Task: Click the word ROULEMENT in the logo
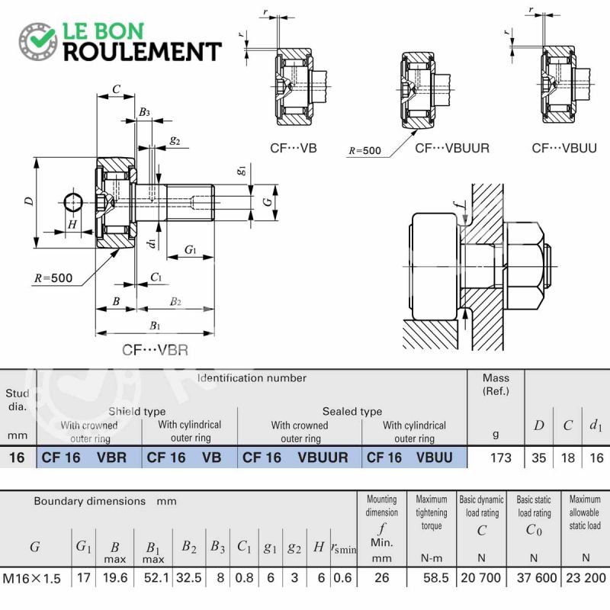pyautogui.click(x=143, y=52)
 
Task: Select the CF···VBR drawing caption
pyautogui.click(x=155, y=350)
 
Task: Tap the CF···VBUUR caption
pyautogui.click(x=452, y=148)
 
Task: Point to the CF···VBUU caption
pyautogui.click(x=564, y=148)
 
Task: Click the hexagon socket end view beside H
pyautogui.click(x=72, y=202)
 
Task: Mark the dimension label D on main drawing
pyautogui.click(x=29, y=201)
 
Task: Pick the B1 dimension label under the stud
pyautogui.click(x=155, y=326)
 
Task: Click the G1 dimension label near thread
pyautogui.click(x=190, y=249)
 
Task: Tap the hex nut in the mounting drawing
pyautogui.click(x=523, y=266)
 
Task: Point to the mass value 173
pyautogui.click(x=501, y=458)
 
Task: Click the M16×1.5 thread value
pyautogui.click(x=31, y=579)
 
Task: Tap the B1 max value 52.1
pyautogui.click(x=156, y=578)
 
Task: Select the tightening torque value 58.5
pyautogui.click(x=436, y=578)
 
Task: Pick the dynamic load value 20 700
pyautogui.click(x=481, y=578)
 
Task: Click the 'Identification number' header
pyautogui.click(x=252, y=377)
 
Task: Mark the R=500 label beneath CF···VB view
pyautogui.click(x=364, y=150)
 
